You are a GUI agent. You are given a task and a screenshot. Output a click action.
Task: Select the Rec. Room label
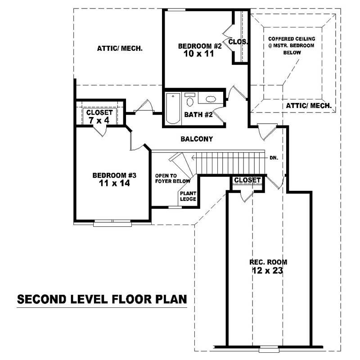pyautogui.click(x=268, y=262)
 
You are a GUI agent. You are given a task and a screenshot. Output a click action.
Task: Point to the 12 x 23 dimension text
pyautogui.click(x=268, y=271)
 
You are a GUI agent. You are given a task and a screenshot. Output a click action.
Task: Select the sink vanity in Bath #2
pyautogui.click(x=211, y=99)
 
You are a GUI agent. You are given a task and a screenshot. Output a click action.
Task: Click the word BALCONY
pyautogui.click(x=196, y=139)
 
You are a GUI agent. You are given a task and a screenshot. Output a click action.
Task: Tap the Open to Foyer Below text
pyautogui.click(x=173, y=178)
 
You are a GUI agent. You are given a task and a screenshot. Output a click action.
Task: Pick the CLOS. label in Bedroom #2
pyautogui.click(x=238, y=42)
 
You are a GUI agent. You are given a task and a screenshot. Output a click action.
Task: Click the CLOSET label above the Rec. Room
pyautogui.click(x=247, y=180)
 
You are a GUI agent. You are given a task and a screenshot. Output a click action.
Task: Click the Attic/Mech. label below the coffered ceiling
pyautogui.click(x=309, y=106)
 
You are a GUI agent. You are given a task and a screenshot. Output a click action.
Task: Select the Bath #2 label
pyautogui.click(x=198, y=115)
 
